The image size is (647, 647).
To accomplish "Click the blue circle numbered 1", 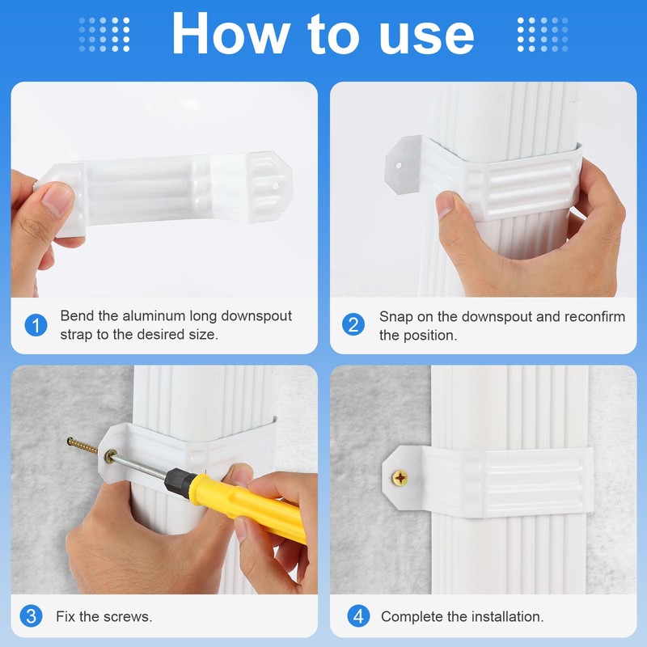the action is click(36, 325).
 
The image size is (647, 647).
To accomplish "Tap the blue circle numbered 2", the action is click(353, 324).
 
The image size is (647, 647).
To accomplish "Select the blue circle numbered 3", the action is click(31, 616).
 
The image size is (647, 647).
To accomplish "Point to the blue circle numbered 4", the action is click(358, 616).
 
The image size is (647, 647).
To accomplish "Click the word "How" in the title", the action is click(230, 33).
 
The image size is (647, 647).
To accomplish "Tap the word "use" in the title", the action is click(427, 38).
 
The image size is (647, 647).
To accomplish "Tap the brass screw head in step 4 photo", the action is click(400, 478).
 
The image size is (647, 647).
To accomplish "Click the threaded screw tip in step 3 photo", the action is click(82, 446).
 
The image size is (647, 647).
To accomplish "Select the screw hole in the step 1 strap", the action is click(276, 185).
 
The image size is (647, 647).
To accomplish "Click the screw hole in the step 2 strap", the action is click(399, 166).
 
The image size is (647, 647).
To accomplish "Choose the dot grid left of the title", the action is click(104, 35).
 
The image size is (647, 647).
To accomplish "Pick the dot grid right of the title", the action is click(543, 35).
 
